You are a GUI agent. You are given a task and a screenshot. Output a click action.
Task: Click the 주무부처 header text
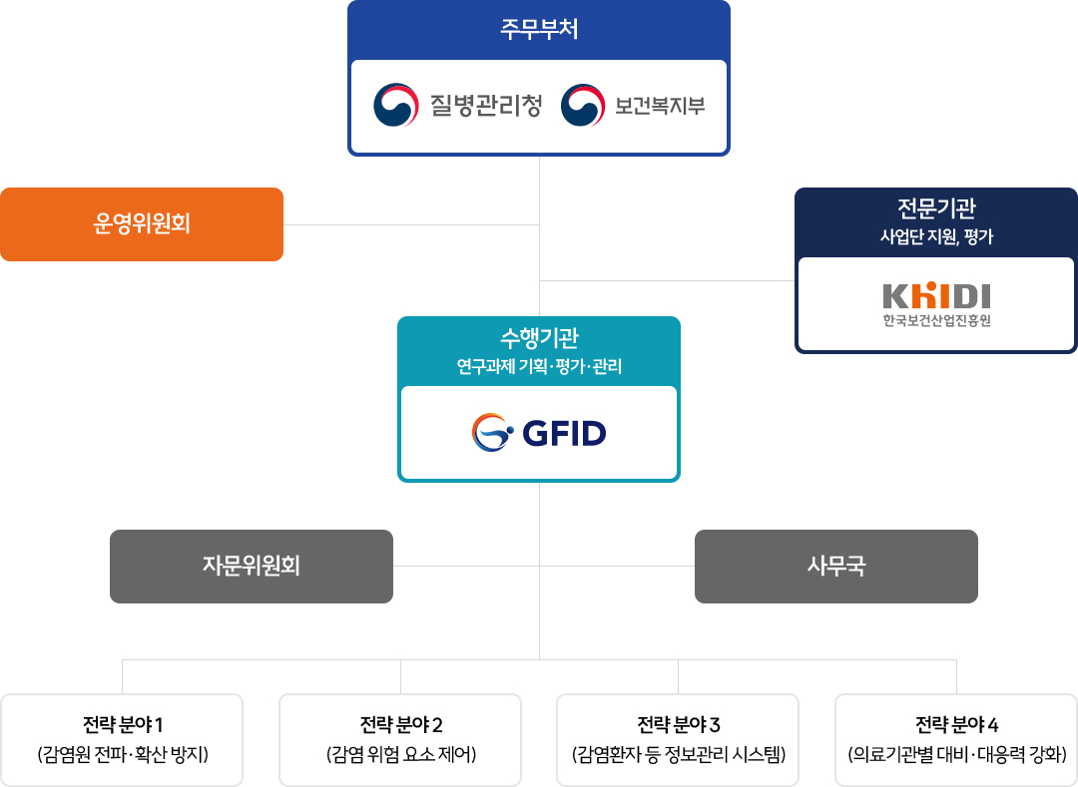pyautogui.click(x=539, y=30)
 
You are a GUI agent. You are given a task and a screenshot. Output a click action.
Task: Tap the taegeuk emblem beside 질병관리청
pyautogui.click(x=396, y=105)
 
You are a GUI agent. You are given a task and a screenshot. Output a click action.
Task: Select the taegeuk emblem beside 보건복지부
pyautogui.click(x=583, y=105)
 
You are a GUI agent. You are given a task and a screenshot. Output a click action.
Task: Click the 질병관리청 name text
pyautogui.click(x=486, y=105)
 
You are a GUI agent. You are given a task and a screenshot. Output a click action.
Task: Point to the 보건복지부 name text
pyautogui.click(x=660, y=105)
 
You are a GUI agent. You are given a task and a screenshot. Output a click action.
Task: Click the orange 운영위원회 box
pyautogui.click(x=142, y=223)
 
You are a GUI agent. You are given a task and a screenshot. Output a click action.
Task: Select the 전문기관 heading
pyautogui.click(x=936, y=208)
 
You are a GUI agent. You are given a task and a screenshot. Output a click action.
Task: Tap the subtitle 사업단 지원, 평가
pyautogui.click(x=936, y=237)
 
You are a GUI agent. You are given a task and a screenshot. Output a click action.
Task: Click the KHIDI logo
pyautogui.click(x=936, y=295)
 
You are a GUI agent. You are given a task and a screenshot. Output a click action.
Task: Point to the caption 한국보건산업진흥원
pyautogui.click(x=936, y=320)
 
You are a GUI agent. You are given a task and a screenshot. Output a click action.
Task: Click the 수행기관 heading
pyautogui.click(x=539, y=338)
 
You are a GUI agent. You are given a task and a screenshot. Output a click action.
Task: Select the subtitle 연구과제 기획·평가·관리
pyautogui.click(x=539, y=366)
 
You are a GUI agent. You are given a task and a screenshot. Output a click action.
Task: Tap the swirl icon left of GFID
pyautogui.click(x=492, y=433)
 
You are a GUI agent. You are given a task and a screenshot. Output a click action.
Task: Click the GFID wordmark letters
pyautogui.click(x=564, y=433)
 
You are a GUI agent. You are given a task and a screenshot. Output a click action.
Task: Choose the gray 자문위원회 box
pyautogui.click(x=252, y=567)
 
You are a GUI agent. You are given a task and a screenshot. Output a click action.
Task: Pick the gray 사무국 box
pyautogui.click(x=836, y=567)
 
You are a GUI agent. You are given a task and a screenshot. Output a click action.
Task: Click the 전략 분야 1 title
pyautogui.click(x=123, y=724)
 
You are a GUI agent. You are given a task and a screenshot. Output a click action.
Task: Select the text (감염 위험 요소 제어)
pyautogui.click(x=401, y=755)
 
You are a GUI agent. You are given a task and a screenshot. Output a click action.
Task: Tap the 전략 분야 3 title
pyautogui.click(x=678, y=724)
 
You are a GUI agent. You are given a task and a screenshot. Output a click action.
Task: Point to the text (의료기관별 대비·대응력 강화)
pyautogui.click(x=956, y=755)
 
